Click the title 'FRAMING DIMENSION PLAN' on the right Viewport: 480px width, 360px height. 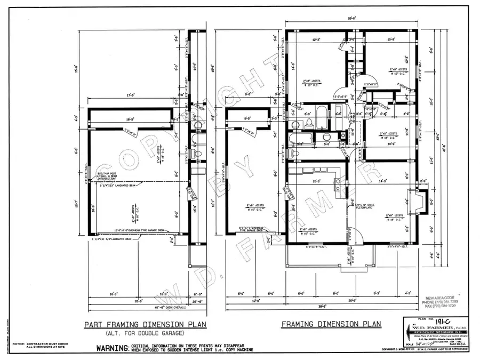[331, 324]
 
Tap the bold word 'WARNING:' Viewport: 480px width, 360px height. [112, 348]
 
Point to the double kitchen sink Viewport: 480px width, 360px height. [339, 184]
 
